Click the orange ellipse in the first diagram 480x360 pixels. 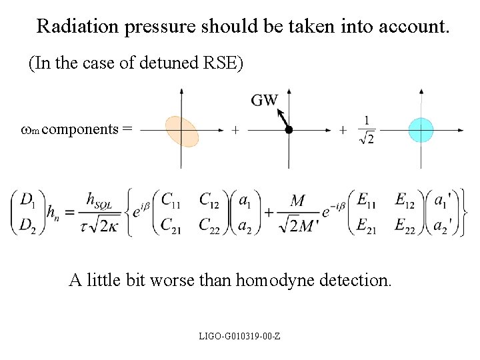coord(181,131)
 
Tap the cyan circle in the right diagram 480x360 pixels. coord(421,130)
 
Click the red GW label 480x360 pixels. coord(265,100)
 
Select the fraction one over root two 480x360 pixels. coord(365,129)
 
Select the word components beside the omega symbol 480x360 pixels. coord(84,129)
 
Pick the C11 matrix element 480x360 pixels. coord(173,199)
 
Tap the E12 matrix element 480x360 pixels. coord(407,199)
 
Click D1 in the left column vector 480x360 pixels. coord(28,199)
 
